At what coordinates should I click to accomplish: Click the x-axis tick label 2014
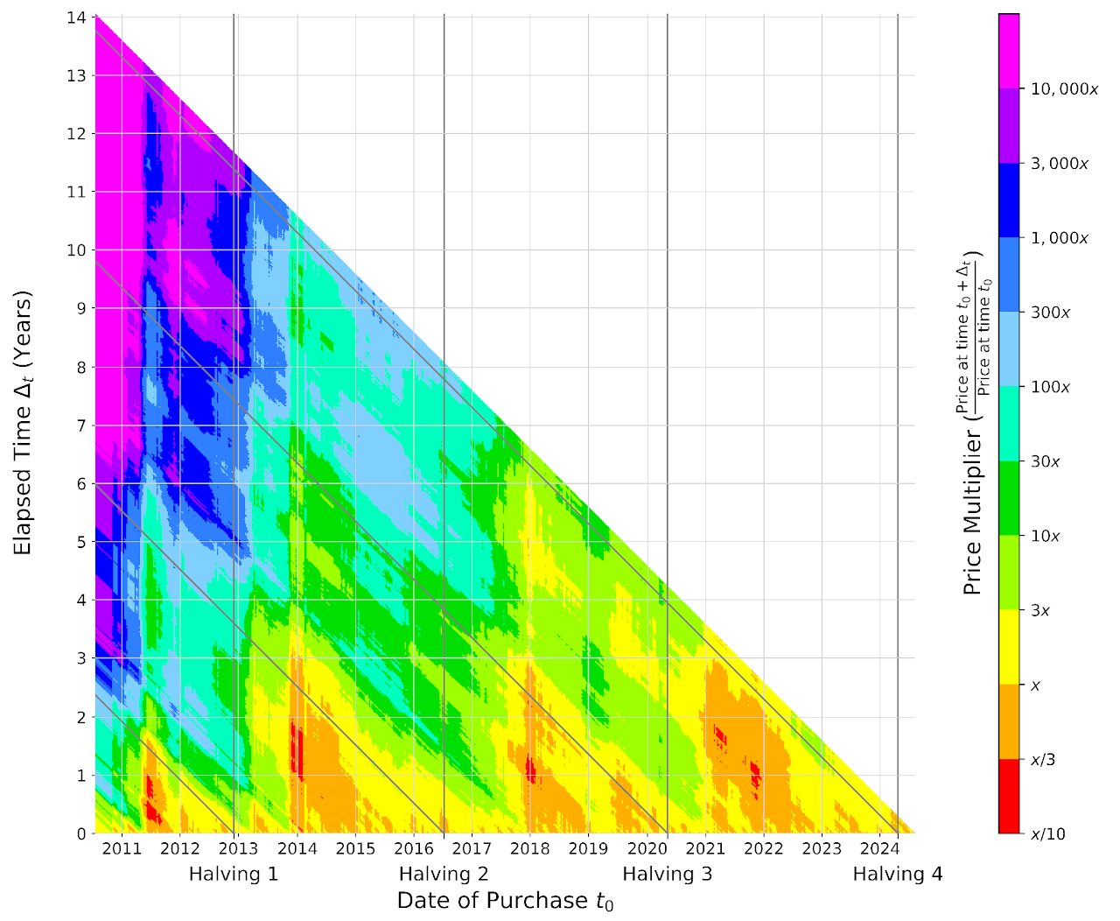297,848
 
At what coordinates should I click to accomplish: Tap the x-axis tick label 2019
588,848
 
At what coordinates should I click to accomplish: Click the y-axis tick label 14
78,18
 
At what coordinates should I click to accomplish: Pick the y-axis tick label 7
81,425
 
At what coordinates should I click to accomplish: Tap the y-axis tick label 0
81,833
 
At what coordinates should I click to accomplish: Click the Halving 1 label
234,874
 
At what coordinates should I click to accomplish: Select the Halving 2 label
444,874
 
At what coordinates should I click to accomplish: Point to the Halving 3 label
667,874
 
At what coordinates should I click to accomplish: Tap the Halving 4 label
898,874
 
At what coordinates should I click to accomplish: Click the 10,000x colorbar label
1064,89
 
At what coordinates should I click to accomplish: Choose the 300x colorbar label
1050,313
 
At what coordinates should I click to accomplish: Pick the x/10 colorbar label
1048,833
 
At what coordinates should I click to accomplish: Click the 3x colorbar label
1040,610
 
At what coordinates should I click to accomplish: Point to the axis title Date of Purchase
505,901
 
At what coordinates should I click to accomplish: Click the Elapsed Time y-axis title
24,424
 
